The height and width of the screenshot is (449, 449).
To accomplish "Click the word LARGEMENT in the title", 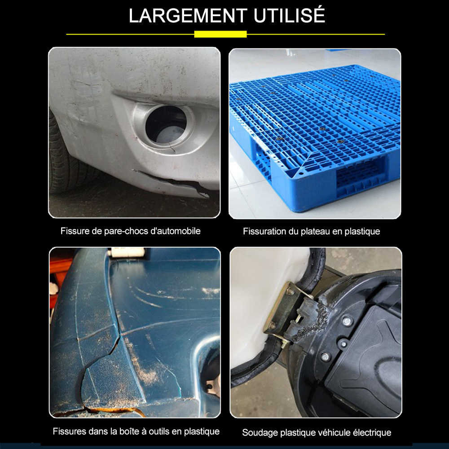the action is pos(188,16).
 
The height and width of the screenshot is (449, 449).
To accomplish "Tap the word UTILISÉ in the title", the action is pos(289,15).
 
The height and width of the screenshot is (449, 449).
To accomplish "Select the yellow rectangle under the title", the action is pos(220,34).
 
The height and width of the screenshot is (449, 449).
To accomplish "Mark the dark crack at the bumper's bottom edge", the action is pos(172,183).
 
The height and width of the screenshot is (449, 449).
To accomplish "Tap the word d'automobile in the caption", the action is pos(175,231).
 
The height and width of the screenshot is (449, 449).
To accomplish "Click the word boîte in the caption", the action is pos(120,431).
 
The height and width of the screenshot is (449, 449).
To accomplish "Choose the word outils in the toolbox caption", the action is pos(158,431).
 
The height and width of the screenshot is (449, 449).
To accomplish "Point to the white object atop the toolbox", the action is pos(128,252).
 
